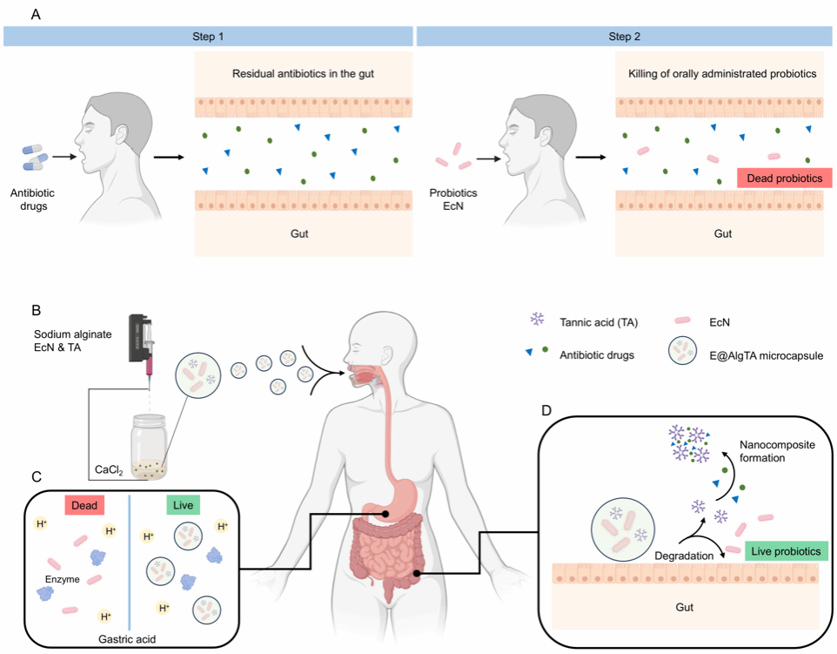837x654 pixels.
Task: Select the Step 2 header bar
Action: coord(624,36)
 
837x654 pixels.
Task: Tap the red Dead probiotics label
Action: coord(784,178)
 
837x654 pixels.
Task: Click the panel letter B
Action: coord(35,309)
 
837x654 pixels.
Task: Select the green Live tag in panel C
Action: coord(184,505)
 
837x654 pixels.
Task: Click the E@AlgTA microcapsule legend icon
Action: coord(682,354)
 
